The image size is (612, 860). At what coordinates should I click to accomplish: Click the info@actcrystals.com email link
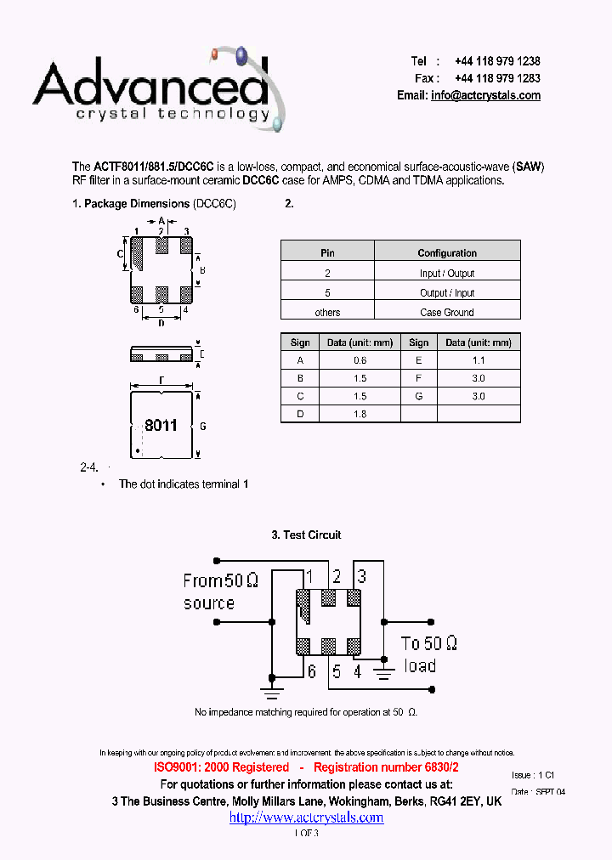485,96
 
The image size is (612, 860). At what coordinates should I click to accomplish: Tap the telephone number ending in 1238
497,61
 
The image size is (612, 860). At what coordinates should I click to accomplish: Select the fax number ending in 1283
497,78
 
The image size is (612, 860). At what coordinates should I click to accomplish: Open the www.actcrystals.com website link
306,818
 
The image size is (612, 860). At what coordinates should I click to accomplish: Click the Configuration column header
447,253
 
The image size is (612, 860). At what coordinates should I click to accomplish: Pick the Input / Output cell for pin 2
447,274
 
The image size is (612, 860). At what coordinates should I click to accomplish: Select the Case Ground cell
447,313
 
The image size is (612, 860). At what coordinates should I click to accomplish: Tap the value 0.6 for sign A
360,360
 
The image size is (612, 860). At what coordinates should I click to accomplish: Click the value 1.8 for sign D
360,414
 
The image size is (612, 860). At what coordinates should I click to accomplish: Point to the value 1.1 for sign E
479,360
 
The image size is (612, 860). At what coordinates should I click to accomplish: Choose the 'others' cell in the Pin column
327,313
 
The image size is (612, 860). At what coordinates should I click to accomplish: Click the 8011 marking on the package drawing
161,425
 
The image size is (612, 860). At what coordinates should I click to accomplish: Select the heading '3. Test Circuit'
306,535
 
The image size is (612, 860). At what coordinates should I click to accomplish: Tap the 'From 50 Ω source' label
220,591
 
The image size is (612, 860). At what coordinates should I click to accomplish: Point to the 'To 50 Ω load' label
428,654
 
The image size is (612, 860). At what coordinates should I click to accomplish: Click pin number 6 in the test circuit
312,671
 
